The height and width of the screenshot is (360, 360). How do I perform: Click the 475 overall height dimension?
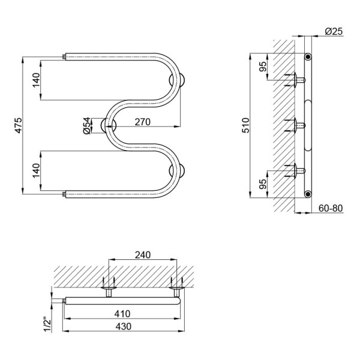tap(19, 125)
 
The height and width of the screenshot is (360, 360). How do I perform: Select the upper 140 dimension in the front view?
tap(36, 80)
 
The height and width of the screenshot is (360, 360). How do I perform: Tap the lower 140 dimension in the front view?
tap(36, 170)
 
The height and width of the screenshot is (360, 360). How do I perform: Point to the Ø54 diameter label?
tap(86, 125)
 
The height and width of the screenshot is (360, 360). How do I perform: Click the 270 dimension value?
tap(143, 122)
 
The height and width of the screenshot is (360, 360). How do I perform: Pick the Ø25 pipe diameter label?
tap(334, 31)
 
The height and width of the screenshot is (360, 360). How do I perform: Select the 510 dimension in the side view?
tap(245, 125)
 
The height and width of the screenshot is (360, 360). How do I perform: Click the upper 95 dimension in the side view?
tap(263, 67)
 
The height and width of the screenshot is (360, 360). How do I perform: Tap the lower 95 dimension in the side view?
tap(263, 184)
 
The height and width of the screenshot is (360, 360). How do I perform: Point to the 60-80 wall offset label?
tap(331, 208)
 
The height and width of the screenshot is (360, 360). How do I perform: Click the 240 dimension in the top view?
tap(143, 255)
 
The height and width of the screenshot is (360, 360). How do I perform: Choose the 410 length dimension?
tap(122, 314)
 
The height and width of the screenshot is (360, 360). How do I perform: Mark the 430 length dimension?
tap(124, 326)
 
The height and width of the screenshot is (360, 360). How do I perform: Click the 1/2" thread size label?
tap(47, 325)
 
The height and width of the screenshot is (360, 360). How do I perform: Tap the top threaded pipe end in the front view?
tap(64, 57)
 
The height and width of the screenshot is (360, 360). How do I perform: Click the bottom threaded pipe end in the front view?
tap(64, 194)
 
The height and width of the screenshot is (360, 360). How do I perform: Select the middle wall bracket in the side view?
tap(295, 125)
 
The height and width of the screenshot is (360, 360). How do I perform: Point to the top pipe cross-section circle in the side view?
tap(308, 56)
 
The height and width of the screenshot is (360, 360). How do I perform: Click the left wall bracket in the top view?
tap(109, 287)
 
